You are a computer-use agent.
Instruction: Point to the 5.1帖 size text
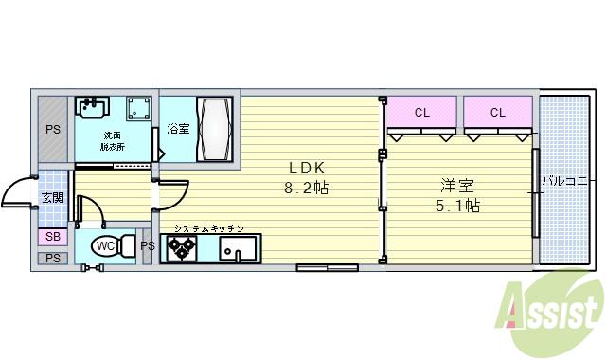(457, 206)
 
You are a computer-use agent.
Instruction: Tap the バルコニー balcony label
(568, 180)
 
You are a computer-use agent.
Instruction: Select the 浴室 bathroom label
(177, 129)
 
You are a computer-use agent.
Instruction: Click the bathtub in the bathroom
(213, 129)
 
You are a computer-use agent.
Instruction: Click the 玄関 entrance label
(51, 198)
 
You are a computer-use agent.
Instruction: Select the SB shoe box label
(51, 236)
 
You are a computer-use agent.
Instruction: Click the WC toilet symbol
(107, 246)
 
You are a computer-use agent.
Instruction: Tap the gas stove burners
(181, 248)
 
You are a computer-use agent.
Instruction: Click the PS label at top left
(53, 129)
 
